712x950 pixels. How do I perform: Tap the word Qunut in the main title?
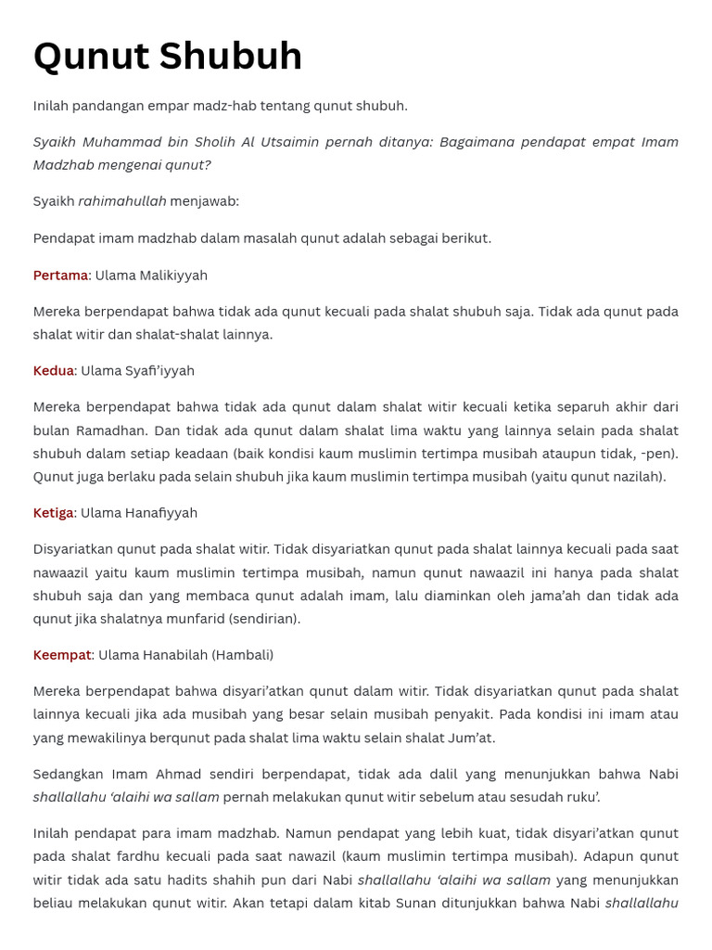click(91, 57)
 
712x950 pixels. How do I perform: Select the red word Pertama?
click(60, 276)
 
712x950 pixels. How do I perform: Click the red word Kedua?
click(54, 371)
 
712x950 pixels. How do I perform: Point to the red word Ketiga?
click(54, 513)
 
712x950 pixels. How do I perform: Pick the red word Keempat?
click(62, 655)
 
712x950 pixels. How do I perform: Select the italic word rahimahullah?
click(122, 201)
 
